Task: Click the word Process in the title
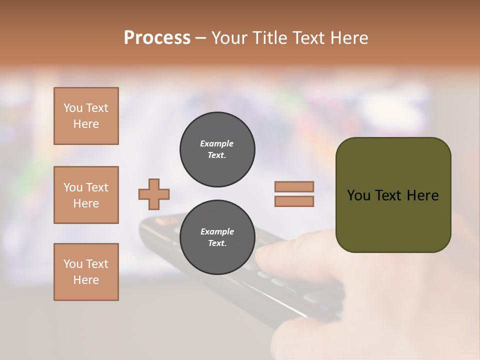tap(157, 38)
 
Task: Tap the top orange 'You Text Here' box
tap(86, 116)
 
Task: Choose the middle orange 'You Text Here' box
tap(86, 195)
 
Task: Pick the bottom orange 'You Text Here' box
tap(86, 272)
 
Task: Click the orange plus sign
tap(154, 194)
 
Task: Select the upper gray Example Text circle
tap(217, 149)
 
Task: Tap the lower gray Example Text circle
tap(217, 237)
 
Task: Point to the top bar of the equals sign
tap(294, 186)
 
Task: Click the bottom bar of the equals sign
tap(294, 201)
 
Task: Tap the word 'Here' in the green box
tap(422, 195)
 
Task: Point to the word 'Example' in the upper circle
tap(216, 144)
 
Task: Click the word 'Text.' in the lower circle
tap(217, 243)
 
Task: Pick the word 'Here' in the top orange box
tap(86, 124)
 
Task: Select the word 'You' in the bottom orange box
tap(73, 264)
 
